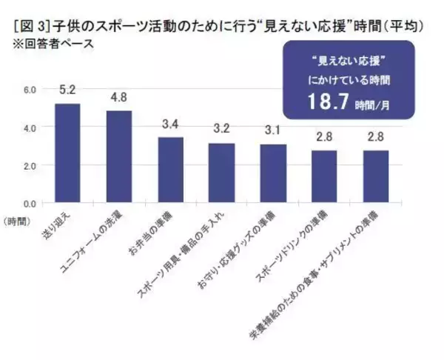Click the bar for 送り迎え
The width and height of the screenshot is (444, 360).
click(67, 153)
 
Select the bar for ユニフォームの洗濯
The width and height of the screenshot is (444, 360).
click(119, 156)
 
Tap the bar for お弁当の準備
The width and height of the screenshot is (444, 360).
click(171, 170)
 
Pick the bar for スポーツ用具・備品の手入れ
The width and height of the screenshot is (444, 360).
click(221, 173)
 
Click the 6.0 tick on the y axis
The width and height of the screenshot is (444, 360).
click(30, 90)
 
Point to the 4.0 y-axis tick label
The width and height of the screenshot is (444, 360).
click(30, 127)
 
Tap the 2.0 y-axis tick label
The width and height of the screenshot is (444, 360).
click(30, 165)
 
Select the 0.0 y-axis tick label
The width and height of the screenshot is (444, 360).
click(30, 202)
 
